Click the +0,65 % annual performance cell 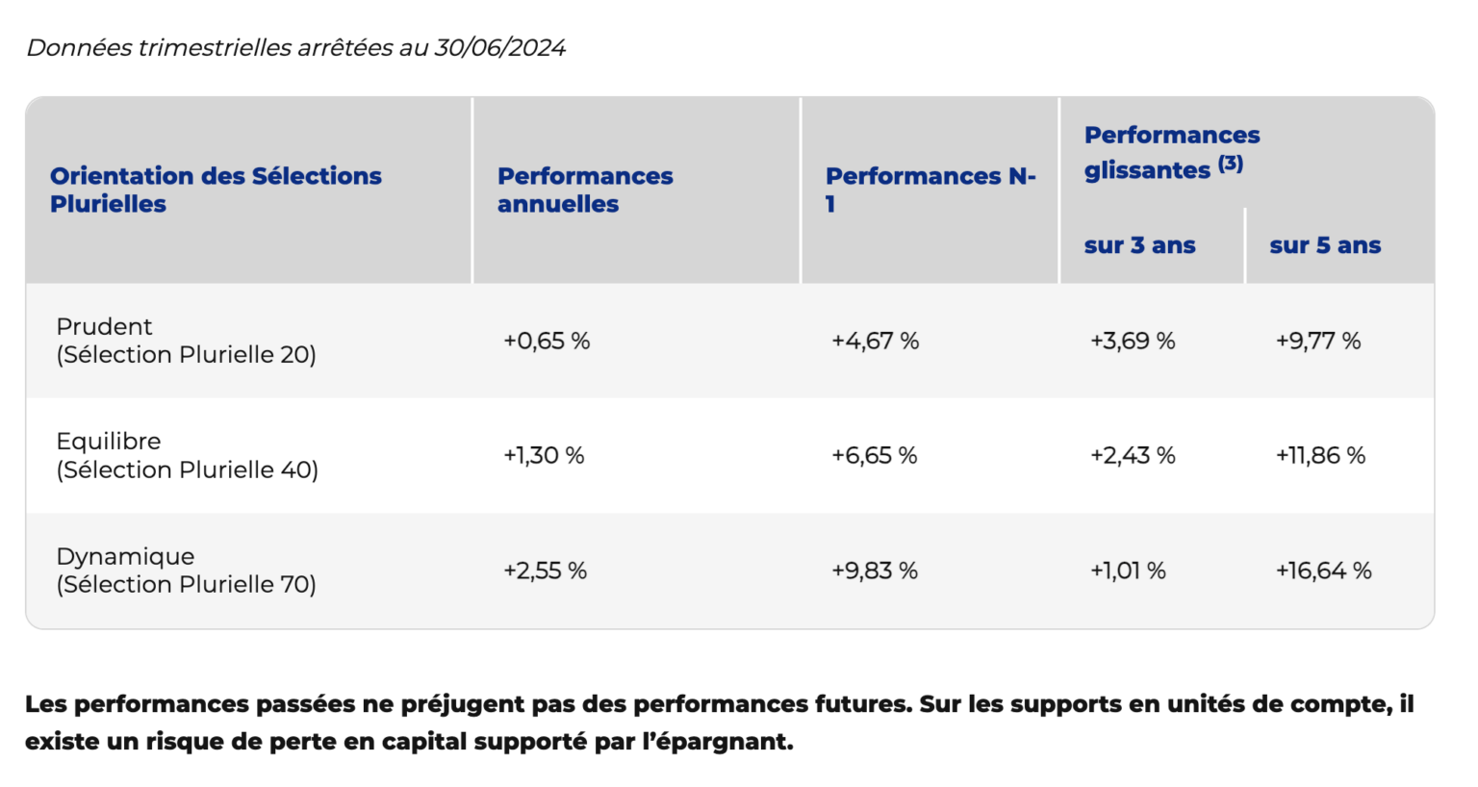(x=546, y=342)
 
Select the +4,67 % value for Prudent (x=875, y=342)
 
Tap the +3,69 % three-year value (x=1132, y=342)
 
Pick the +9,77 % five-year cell (x=1317, y=342)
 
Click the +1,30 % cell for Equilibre (x=543, y=456)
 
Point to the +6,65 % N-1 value (x=874, y=456)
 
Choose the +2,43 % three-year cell (x=1132, y=456)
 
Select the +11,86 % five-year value (x=1320, y=456)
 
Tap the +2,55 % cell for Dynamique (x=545, y=571)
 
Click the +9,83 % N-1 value (x=874, y=571)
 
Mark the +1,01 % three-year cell (x=1127, y=571)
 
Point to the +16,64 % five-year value (x=1323, y=571)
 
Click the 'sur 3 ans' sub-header (x=1139, y=246)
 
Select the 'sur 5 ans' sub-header (x=1325, y=246)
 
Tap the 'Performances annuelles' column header (x=584, y=190)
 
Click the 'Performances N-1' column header (x=930, y=190)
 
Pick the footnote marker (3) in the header (x=1231, y=164)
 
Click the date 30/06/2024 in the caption (x=499, y=48)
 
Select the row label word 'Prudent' (x=104, y=327)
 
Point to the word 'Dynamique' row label (x=125, y=557)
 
